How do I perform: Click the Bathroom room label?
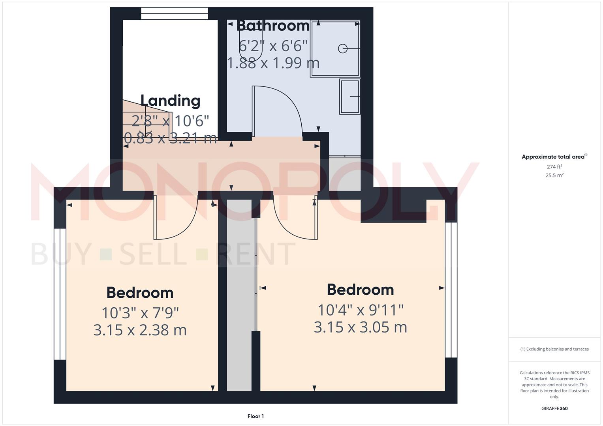coord(273,26)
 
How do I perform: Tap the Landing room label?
coord(171,101)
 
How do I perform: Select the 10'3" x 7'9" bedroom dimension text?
coord(140,313)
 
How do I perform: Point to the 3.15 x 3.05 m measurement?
coord(360,327)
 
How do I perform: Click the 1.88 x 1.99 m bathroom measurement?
coord(273,63)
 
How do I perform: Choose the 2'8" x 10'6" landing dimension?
coord(170,121)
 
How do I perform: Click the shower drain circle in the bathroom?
coord(342,49)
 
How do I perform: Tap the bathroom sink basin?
coord(350,97)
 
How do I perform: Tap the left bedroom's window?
coord(60,294)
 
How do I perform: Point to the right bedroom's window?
coord(451,290)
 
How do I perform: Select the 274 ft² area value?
coord(554,167)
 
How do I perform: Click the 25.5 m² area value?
coord(554,176)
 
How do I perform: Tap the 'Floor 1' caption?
coord(255,416)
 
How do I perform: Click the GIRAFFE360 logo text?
coord(554,409)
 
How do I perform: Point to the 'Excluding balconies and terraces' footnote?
coord(554,349)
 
